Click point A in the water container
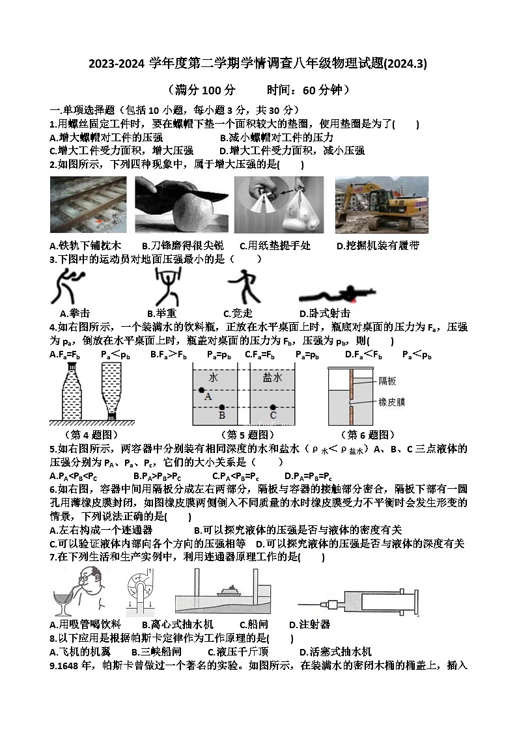(202, 389)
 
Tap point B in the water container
(221, 407)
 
